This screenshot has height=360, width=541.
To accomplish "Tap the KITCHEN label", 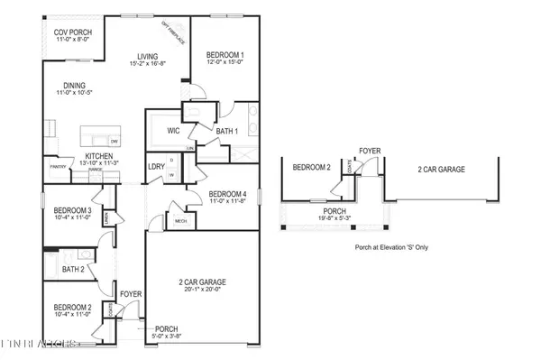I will pyautogui.click(x=99, y=156).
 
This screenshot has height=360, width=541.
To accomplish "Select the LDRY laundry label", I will pyautogui.click(x=155, y=166).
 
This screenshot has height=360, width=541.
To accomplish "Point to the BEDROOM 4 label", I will pyautogui.click(x=226, y=195).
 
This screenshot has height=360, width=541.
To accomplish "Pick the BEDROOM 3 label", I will pyautogui.click(x=69, y=210).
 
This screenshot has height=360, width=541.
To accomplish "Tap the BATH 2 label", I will pyautogui.click(x=74, y=268).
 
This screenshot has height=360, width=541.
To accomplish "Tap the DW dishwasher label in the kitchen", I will pyautogui.click(x=114, y=142).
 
